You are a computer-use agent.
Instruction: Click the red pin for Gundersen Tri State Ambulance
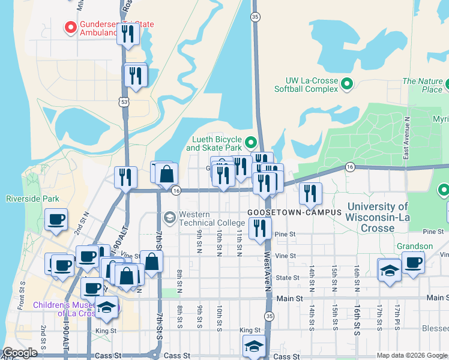click(70, 28)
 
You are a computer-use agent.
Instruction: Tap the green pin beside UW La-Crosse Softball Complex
click(347, 84)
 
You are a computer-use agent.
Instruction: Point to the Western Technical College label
click(203, 219)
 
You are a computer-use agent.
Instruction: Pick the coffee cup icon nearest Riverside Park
click(56, 220)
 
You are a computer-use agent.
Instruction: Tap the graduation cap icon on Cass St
click(254, 346)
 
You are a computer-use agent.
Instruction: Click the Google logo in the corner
click(20, 353)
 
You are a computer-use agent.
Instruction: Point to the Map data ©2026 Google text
click(412, 355)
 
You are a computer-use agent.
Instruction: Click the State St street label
click(288, 278)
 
